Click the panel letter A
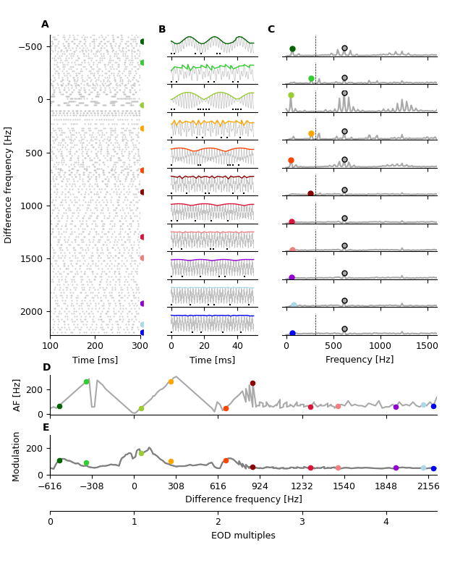(45, 25)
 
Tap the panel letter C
(271, 30)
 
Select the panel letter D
(46, 368)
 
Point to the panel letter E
(46, 428)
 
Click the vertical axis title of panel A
(9, 185)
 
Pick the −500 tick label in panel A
(28, 47)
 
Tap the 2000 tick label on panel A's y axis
(31, 312)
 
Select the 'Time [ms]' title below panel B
(212, 360)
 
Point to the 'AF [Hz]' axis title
(17, 395)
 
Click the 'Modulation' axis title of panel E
(17, 456)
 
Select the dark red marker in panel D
(252, 384)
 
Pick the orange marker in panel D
(171, 381)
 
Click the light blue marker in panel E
(424, 468)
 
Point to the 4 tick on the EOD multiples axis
(386, 522)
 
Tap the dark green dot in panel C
(292, 49)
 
